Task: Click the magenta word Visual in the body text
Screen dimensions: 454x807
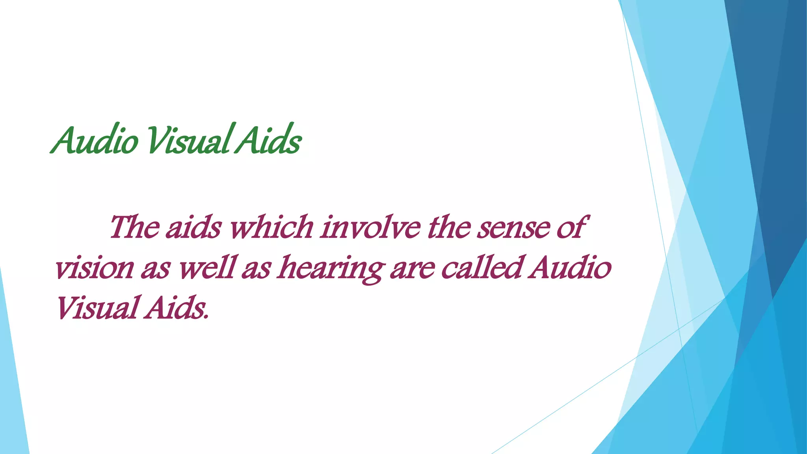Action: click(96, 308)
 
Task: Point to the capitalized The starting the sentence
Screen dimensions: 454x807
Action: click(134, 228)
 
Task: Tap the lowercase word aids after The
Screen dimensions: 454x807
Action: click(193, 228)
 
